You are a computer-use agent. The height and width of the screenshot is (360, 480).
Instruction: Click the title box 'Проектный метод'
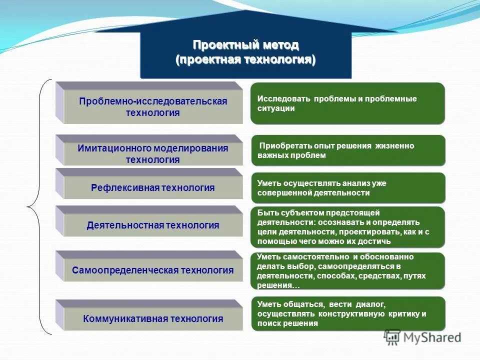[245, 52]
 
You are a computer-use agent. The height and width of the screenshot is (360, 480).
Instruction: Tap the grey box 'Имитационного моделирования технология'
[152, 153]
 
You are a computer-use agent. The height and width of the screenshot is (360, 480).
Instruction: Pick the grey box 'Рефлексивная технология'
[152, 188]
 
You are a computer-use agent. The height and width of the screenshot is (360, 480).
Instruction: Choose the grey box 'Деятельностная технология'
[152, 225]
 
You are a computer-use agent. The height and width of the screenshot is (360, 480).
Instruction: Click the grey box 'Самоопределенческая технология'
[152, 270]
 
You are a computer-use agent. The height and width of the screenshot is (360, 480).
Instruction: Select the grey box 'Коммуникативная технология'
[152, 318]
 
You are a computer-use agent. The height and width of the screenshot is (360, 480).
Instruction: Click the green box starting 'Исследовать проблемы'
[347, 103]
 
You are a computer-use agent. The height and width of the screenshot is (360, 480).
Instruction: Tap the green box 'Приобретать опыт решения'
[347, 150]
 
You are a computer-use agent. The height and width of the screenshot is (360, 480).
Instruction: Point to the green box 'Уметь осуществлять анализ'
[347, 188]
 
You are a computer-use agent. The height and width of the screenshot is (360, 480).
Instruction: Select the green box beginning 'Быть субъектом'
[347, 227]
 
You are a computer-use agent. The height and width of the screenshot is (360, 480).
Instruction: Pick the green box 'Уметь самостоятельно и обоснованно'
[347, 271]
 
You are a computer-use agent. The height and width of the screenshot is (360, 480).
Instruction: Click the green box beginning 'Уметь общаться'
[347, 313]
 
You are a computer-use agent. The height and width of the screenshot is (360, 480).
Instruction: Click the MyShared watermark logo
[423, 337]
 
